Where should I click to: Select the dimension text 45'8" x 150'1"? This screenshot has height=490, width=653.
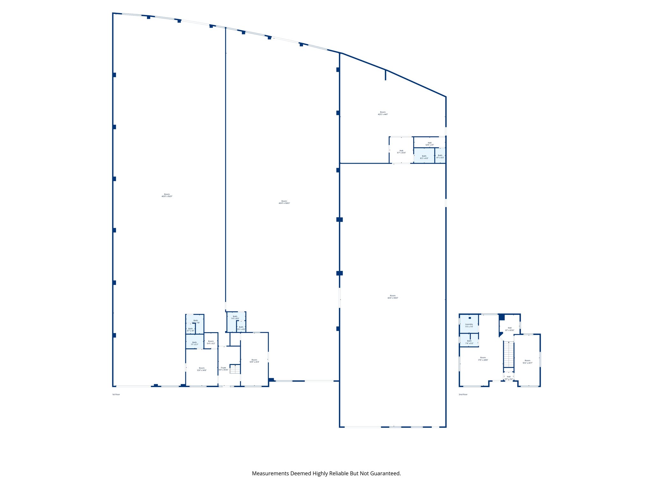point(167,197)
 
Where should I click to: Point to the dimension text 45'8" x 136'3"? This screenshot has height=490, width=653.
point(284,203)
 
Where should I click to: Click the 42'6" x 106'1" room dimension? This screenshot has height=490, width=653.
point(393,298)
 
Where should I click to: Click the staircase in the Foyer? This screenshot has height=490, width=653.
point(235,369)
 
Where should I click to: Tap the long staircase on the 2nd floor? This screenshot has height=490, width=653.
point(509,354)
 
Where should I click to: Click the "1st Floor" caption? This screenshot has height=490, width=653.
point(116,395)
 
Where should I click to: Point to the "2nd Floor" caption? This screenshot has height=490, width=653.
point(463,395)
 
